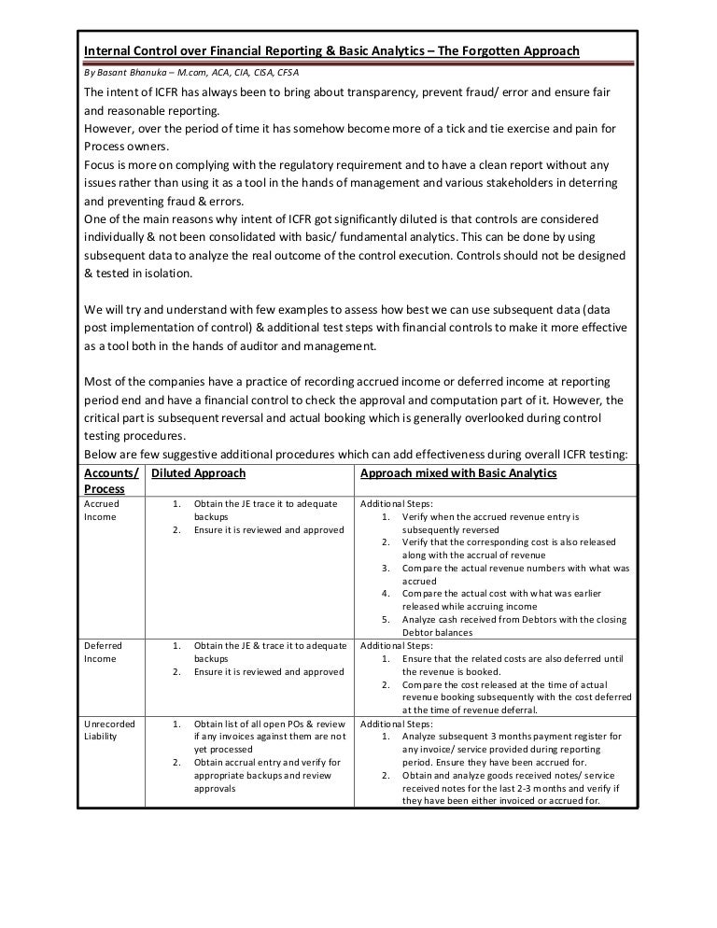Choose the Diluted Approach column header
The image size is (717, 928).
pyautogui.click(x=198, y=473)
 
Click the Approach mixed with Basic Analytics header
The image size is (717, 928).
pyautogui.click(x=458, y=473)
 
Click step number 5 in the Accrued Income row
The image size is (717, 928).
pyautogui.click(x=387, y=620)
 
